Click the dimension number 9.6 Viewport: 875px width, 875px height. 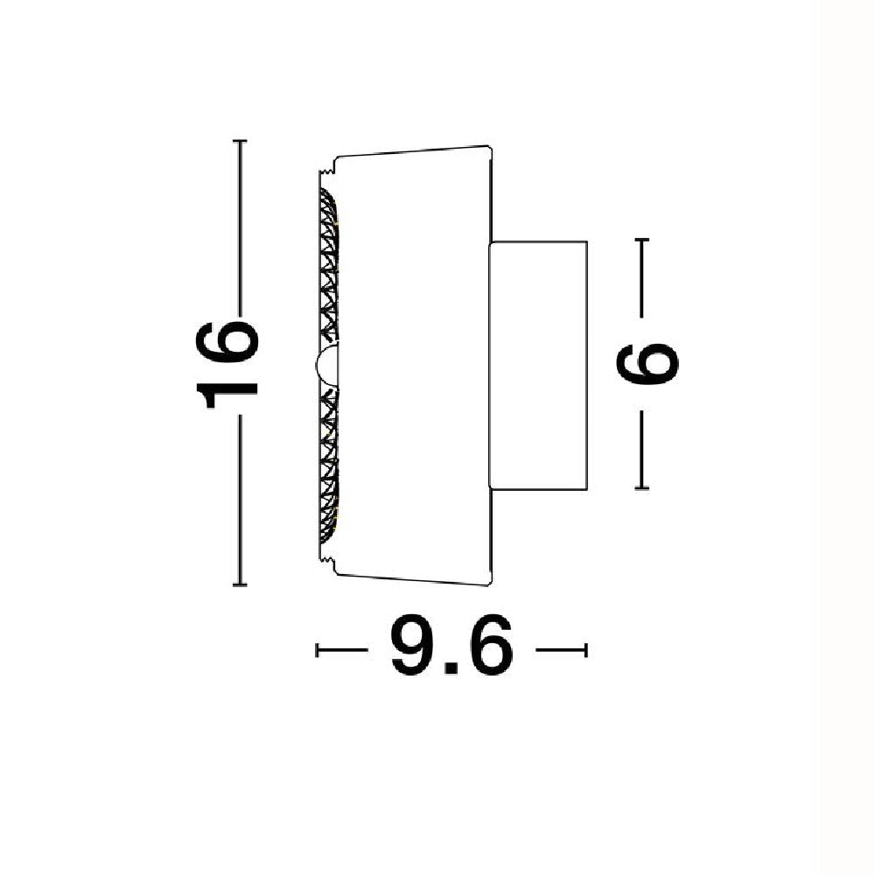click(x=451, y=647)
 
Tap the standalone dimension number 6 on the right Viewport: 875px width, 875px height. click(x=647, y=364)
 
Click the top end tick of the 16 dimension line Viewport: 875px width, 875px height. click(x=240, y=141)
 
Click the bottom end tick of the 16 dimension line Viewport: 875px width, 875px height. click(x=240, y=584)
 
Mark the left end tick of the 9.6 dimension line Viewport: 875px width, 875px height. click(x=317, y=649)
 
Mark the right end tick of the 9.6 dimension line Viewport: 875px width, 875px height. click(x=586, y=649)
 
